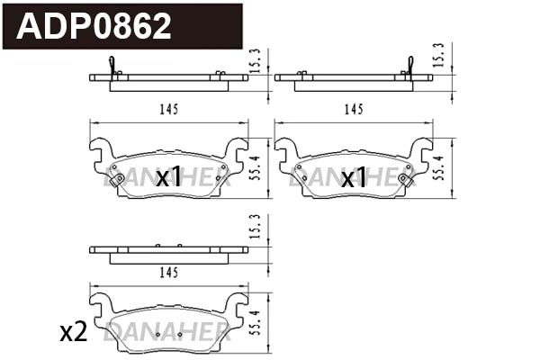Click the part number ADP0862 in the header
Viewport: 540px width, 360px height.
[94, 26]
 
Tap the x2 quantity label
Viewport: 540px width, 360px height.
[72, 333]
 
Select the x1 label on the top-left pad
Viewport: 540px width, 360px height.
[169, 177]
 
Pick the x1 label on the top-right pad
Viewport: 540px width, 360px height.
[354, 177]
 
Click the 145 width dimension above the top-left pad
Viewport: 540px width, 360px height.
[167, 110]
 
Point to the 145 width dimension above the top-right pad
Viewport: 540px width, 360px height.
[353, 110]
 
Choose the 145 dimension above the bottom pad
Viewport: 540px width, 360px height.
[167, 270]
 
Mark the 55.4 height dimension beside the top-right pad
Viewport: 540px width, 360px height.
[440, 167]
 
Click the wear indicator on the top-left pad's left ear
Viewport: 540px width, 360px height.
[115, 179]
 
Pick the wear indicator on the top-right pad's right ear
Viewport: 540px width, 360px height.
[407, 179]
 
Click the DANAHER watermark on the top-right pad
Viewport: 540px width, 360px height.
[351, 180]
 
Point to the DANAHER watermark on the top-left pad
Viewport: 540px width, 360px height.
[166, 180]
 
